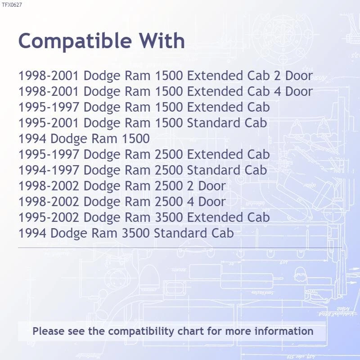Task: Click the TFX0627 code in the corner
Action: (12, 5)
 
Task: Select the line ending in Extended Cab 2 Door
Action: (165, 76)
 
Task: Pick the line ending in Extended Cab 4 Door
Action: (165, 91)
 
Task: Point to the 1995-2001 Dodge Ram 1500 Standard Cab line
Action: (143, 123)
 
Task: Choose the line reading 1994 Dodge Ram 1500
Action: (84, 139)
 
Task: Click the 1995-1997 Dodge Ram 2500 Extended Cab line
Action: (144, 154)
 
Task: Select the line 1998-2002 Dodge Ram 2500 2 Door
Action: (122, 186)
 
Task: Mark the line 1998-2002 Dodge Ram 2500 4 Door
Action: (122, 202)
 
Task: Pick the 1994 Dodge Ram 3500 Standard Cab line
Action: (126, 233)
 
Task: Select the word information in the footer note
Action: (284, 332)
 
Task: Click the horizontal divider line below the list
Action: (180, 247)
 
